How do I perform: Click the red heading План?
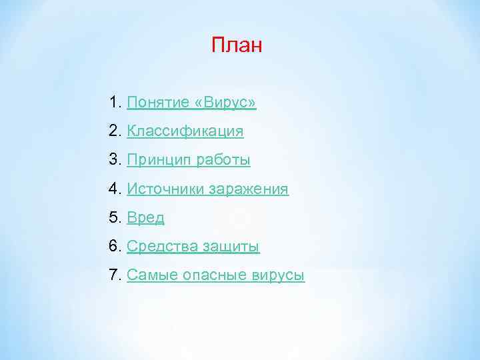tap(237, 45)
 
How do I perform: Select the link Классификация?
tap(185, 132)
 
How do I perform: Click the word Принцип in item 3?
tap(155, 161)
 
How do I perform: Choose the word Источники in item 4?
tap(165, 189)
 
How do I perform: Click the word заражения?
tap(248, 189)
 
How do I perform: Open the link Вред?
tap(145, 218)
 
